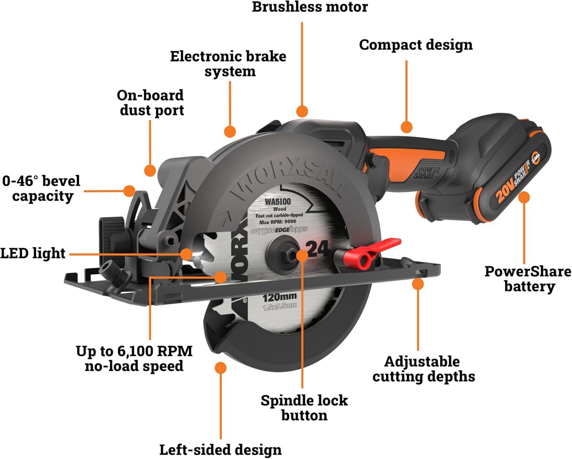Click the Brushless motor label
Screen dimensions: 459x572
point(310,7)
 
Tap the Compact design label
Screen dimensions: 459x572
point(416,45)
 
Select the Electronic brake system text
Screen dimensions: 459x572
point(228,63)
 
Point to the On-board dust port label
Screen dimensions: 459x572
point(151,102)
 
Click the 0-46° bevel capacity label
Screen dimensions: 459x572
point(42,188)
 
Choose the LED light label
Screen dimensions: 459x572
point(33,253)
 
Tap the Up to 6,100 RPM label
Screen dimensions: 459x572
point(134,358)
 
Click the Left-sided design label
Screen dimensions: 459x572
point(220,449)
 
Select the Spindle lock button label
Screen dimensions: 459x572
point(304,407)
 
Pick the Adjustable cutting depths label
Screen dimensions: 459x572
point(424,368)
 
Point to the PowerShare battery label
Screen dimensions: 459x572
point(528,279)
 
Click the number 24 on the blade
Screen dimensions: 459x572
point(317,249)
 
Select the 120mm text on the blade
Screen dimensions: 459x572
point(279,297)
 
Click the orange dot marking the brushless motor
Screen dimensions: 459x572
point(302,111)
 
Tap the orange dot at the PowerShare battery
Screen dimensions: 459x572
point(524,197)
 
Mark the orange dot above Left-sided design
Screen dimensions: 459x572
point(220,368)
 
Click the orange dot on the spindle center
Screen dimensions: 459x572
point(302,255)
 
